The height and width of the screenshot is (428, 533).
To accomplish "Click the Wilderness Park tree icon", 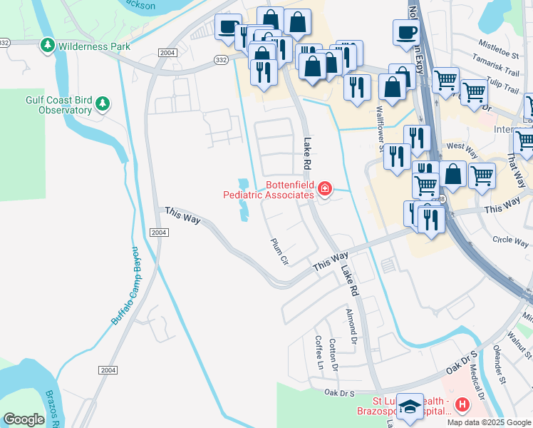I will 48,46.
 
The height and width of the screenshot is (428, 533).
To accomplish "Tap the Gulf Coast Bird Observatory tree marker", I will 103,105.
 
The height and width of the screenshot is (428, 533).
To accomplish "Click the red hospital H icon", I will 462,405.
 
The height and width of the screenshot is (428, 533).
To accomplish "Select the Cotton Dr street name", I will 332,353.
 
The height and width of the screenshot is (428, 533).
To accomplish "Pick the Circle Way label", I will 510,240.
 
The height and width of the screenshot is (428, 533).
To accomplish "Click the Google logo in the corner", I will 24,419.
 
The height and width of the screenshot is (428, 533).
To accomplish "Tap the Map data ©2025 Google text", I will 488,422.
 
